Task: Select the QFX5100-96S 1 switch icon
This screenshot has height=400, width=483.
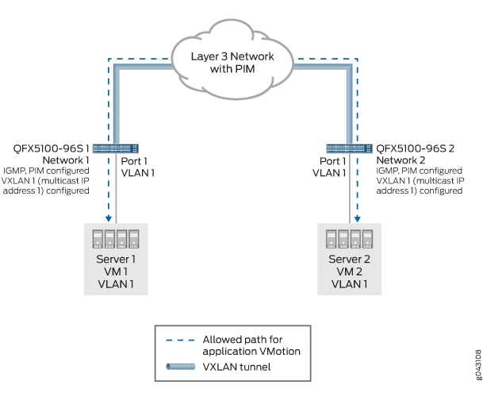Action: point(117,148)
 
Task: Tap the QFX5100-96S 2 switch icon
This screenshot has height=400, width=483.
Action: point(349,148)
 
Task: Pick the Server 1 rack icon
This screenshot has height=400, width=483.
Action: point(117,240)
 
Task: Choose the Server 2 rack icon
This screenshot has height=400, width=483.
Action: point(349,241)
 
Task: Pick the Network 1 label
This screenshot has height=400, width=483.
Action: point(59,159)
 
